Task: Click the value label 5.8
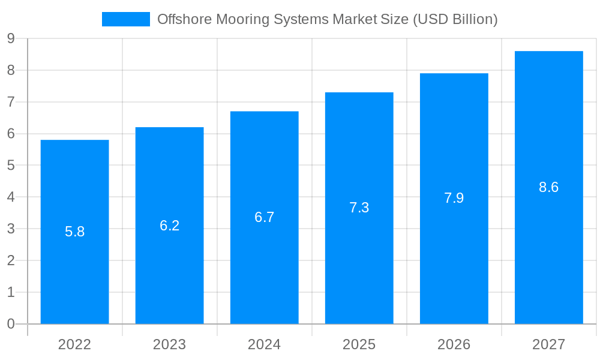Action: coord(74,232)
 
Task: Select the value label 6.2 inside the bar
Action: coord(169,226)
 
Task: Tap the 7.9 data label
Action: coord(454,198)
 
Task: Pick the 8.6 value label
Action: coord(548,187)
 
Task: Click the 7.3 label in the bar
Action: coord(359,208)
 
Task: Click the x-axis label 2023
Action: coord(169,344)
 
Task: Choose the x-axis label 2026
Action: coord(454,344)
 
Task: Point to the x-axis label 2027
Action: coord(548,344)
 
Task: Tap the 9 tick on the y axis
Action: coord(11,39)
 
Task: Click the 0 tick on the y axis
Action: coord(11,324)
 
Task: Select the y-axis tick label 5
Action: coord(11,166)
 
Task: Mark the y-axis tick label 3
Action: coord(11,229)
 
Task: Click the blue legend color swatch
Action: coord(125,19)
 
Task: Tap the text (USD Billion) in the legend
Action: coord(455,19)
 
